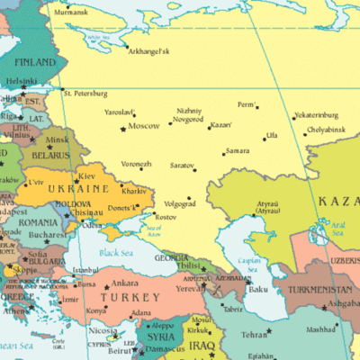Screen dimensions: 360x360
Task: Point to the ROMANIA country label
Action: tap(37, 221)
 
